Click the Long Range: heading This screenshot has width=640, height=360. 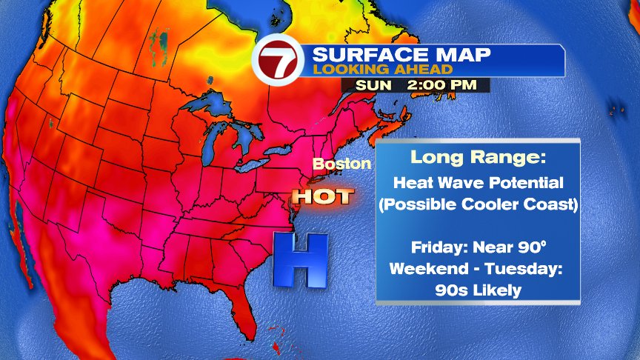click(x=478, y=157)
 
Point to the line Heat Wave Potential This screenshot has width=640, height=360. click(x=478, y=182)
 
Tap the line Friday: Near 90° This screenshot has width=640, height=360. click(x=478, y=246)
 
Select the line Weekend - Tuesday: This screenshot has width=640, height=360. click(x=478, y=267)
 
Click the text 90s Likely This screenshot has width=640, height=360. click(x=478, y=290)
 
